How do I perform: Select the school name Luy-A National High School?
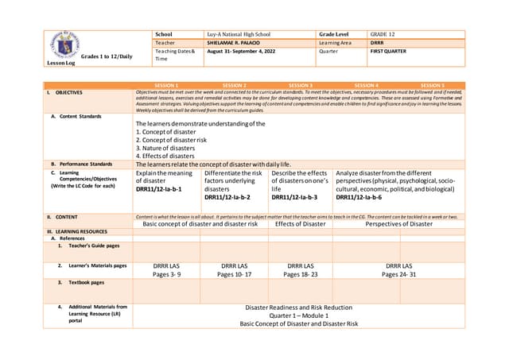coord(238,35)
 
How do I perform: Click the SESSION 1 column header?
coord(165,85)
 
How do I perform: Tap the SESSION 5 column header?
coord(432,85)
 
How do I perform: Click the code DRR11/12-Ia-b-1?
coord(158,190)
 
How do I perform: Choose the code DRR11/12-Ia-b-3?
coord(293,197)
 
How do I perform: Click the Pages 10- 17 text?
coord(234,273)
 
